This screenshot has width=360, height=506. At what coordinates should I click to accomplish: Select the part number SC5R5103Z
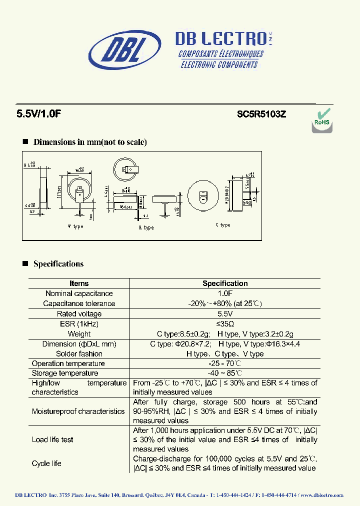[x=261, y=113]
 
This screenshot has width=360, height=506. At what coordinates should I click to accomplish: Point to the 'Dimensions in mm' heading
[x=90, y=142]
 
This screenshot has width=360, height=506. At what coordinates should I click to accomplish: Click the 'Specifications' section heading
[x=58, y=264]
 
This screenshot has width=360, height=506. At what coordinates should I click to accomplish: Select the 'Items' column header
[x=79, y=283]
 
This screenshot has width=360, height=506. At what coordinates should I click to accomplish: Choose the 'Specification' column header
[x=225, y=283]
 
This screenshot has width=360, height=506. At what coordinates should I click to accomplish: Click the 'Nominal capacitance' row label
[x=79, y=293]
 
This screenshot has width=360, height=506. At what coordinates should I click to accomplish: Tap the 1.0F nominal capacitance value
[x=225, y=293]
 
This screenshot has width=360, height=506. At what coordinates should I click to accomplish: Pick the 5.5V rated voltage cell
[x=225, y=314]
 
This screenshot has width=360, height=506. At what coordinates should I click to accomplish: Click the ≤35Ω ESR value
[x=225, y=324]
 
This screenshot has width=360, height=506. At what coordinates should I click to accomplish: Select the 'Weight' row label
[x=79, y=334]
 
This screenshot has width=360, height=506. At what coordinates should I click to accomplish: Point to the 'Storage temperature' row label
[x=65, y=373]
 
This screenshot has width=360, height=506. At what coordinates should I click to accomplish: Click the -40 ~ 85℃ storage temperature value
[x=225, y=373]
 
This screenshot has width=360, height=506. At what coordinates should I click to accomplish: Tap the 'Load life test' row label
[x=52, y=439]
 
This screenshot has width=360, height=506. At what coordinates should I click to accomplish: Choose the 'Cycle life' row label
[x=46, y=463]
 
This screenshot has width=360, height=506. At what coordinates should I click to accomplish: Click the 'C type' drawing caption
[x=223, y=225]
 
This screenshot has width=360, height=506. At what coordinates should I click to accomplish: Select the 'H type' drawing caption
[x=146, y=228]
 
